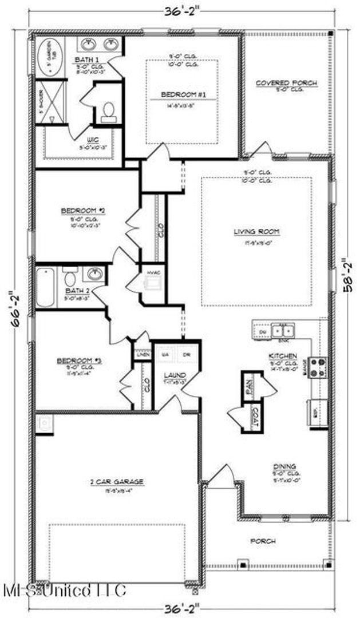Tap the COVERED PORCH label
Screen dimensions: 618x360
(286, 84)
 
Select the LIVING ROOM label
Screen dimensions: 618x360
(256, 232)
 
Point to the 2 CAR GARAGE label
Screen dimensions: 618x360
(116, 482)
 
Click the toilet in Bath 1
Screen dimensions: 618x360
(107, 113)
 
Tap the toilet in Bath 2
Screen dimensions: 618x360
(70, 279)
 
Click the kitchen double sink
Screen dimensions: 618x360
(282, 331)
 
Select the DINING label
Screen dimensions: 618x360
(284, 467)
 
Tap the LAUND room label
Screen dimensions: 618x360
(172, 375)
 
